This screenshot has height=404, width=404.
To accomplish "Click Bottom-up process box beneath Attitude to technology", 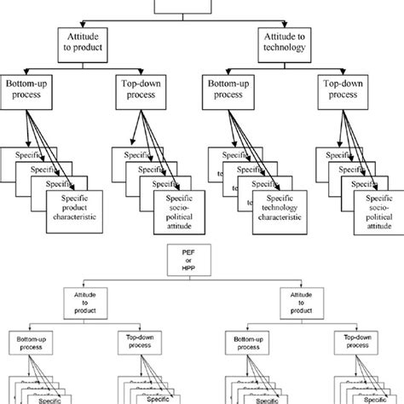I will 234,95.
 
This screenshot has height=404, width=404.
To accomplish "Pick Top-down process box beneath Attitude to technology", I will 348,95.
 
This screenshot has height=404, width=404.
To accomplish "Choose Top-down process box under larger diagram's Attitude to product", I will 141,95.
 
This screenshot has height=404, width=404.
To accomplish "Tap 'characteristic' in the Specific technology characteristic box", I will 282,218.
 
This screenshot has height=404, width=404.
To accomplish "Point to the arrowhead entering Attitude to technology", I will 285,26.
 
